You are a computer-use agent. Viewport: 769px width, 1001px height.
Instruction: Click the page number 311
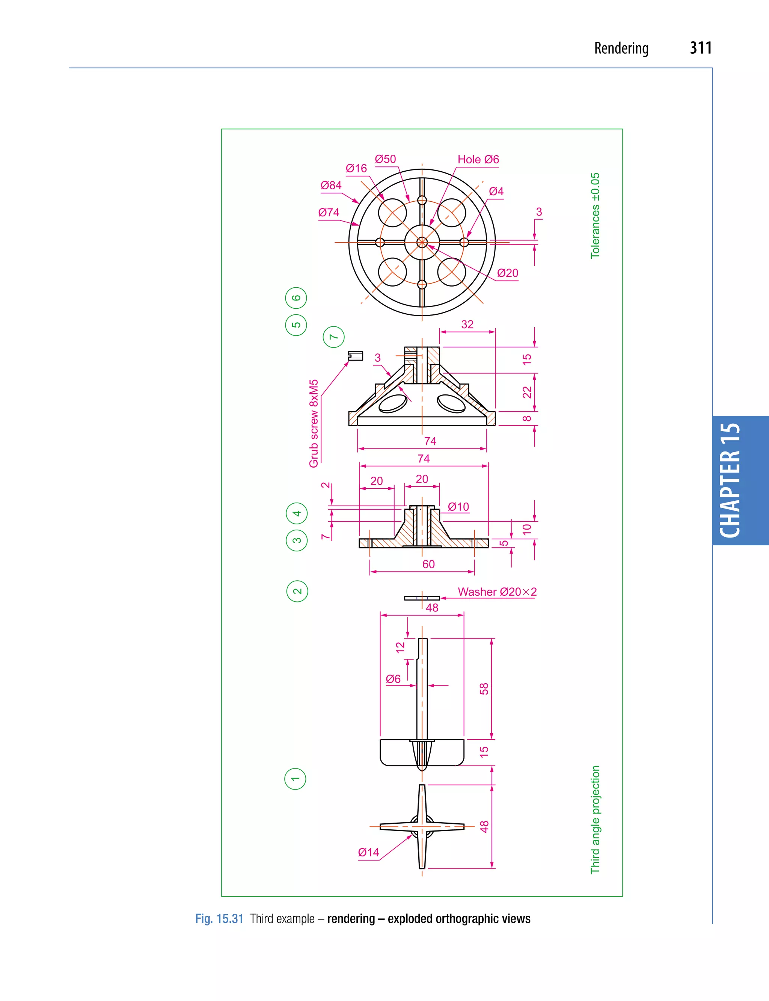[700, 48]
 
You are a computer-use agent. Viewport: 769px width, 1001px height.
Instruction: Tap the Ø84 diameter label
[330, 186]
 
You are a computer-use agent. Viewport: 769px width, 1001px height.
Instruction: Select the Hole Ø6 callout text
[478, 159]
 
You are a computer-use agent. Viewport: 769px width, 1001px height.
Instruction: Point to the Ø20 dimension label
[507, 273]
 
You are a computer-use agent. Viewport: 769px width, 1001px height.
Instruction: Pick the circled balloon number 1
[295, 779]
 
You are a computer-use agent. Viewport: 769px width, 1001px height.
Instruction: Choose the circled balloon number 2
[297, 591]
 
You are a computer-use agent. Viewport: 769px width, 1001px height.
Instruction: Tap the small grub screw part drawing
[355, 356]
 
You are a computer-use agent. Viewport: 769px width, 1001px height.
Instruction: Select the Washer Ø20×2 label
[497, 592]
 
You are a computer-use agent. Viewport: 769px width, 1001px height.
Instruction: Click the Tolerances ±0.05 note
[595, 216]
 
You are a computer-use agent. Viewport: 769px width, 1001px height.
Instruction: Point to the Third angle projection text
[595, 820]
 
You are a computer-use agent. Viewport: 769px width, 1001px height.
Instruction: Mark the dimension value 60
[428, 565]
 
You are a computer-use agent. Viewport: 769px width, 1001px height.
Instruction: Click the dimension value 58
[484, 689]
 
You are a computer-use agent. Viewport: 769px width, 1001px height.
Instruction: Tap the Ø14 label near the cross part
[368, 853]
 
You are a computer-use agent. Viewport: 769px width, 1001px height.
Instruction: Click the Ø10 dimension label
[458, 507]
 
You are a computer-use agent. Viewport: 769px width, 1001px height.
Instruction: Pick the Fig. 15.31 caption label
[219, 919]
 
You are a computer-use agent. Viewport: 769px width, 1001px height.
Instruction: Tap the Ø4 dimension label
[496, 192]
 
